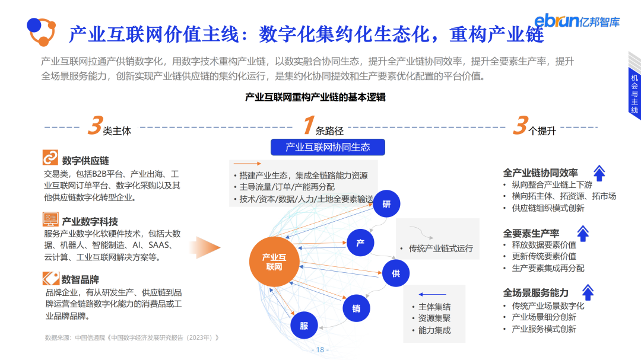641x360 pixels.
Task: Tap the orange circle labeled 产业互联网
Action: tap(274, 262)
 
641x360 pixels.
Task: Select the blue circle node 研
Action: tap(386, 205)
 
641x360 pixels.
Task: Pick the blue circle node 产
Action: tap(360, 243)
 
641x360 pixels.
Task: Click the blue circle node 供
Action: tap(395, 273)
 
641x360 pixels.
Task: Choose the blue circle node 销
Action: tap(356, 308)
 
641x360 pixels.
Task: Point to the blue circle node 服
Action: tap(304, 326)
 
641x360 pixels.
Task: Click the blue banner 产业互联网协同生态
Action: tap(328, 147)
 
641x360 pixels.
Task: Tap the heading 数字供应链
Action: tap(85, 161)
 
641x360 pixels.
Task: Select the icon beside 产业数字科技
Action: tap(50, 219)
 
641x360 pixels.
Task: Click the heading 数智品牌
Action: tap(80, 279)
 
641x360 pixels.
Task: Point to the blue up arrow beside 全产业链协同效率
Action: tap(599, 173)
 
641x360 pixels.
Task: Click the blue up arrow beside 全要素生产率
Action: tap(583, 233)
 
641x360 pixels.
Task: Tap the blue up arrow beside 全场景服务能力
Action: tap(588, 292)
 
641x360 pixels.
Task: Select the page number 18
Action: tap(320, 350)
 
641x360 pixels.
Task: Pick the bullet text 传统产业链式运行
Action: tap(440, 249)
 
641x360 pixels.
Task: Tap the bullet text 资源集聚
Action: tap(434, 318)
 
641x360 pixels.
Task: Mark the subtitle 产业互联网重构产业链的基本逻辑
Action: tap(315, 97)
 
